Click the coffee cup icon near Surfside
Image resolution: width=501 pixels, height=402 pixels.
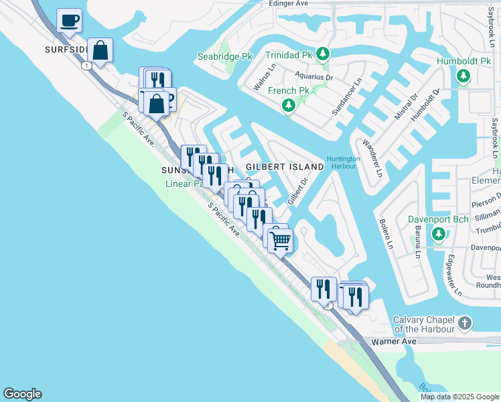pyautogui.click(x=69, y=20)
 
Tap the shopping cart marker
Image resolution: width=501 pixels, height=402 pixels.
pyautogui.click(x=281, y=240)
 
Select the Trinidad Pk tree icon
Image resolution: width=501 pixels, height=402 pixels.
pyautogui.click(x=323, y=54)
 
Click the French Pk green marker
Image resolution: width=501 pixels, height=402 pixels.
pyautogui.click(x=289, y=105)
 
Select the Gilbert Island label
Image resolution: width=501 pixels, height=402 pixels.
pyautogui.click(x=285, y=166)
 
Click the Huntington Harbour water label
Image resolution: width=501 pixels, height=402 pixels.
pyautogui.click(x=344, y=162)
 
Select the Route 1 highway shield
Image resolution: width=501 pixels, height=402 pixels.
pyautogui.click(x=87, y=65)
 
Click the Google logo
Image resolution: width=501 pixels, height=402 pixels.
pyautogui.click(x=22, y=394)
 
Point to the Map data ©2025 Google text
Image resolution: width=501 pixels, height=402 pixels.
pyautogui.click(x=459, y=397)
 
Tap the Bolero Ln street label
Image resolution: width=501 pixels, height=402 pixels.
pyautogui.click(x=386, y=234)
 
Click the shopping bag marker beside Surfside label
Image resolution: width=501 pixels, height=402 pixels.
pyautogui.click(x=100, y=50)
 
